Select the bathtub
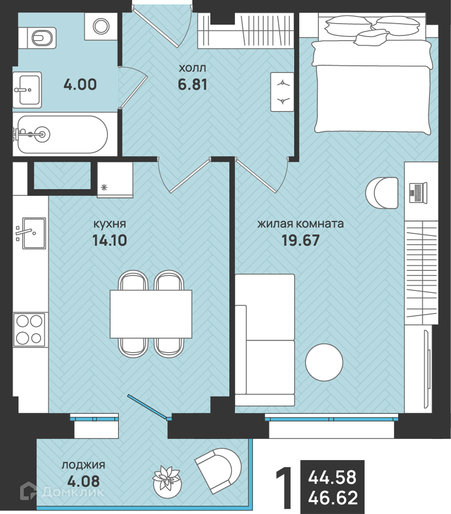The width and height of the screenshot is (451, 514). (x=60, y=134)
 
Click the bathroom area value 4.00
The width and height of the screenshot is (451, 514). (x=80, y=85)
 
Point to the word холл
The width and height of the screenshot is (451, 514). (x=192, y=68)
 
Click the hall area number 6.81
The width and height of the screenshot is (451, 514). (x=192, y=85)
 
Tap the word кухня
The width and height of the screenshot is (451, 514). (x=110, y=224)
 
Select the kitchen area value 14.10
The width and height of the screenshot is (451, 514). (x=110, y=240)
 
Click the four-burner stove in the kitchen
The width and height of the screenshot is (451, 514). (x=29, y=329)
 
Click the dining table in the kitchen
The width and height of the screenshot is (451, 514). (x=151, y=314)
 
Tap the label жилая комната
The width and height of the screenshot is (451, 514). (x=300, y=224)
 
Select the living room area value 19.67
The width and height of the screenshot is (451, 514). (x=300, y=240)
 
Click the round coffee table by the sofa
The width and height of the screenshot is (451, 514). (x=324, y=362)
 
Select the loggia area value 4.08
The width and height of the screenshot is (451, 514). (x=83, y=481)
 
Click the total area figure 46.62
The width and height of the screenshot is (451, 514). (x=333, y=498)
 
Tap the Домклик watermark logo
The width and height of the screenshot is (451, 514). (x=62, y=491)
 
